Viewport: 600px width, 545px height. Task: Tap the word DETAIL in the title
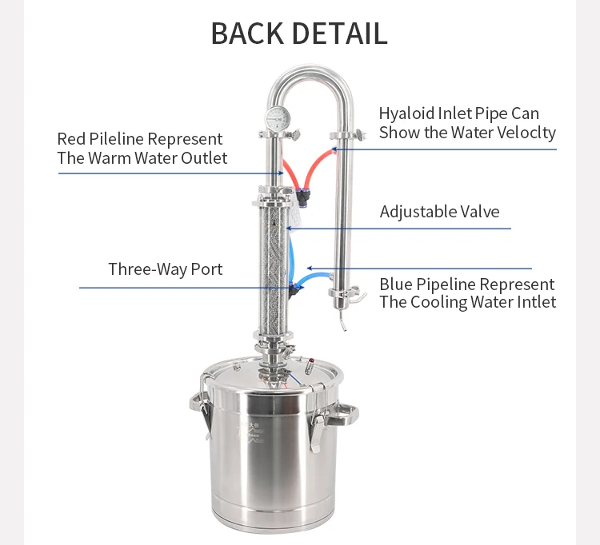339,34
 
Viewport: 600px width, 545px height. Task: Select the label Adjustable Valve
439,212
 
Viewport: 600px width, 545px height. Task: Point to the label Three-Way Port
166,269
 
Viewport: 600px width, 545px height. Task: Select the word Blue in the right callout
395,284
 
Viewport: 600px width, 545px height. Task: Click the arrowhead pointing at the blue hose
310,269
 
